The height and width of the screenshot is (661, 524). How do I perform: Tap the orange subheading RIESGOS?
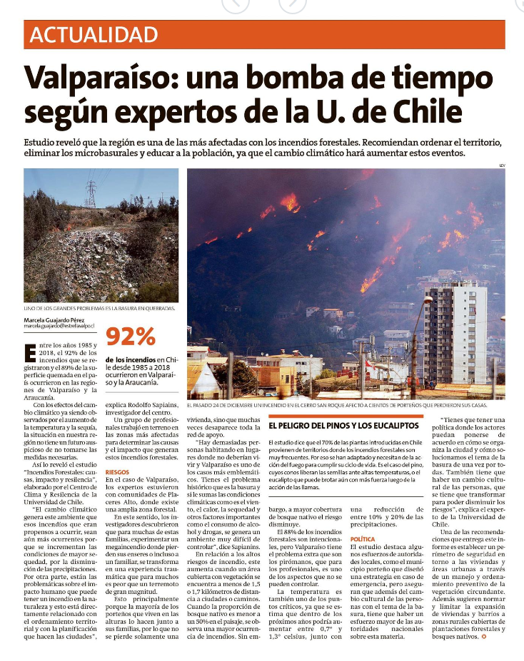coord(117,471)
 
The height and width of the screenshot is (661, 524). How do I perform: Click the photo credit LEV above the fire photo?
coord(501,165)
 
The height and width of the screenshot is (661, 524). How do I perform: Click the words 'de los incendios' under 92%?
coord(131,359)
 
